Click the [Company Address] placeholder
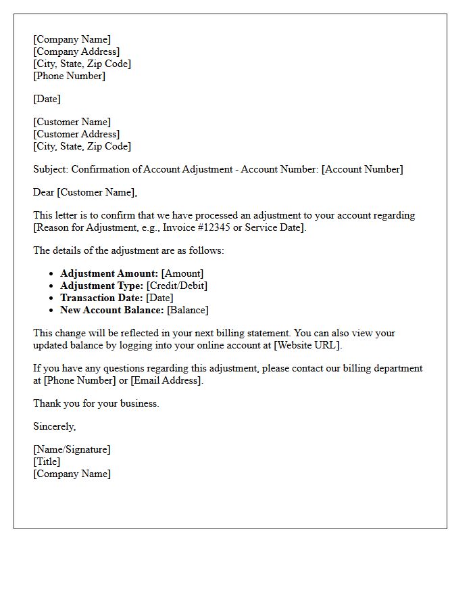click(76, 51)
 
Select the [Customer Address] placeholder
click(76, 134)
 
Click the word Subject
click(50, 169)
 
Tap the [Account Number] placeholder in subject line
click(362, 169)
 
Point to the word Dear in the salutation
click(44, 192)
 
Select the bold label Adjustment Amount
click(109, 273)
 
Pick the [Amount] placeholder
click(182, 273)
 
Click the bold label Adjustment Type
click(101, 286)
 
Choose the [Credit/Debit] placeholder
click(177, 286)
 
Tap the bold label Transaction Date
click(101, 298)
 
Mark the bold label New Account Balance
click(111, 310)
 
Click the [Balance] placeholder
click(188, 310)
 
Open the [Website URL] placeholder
click(307, 345)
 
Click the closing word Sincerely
click(54, 426)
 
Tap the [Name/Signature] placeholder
click(72, 449)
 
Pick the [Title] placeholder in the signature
click(47, 461)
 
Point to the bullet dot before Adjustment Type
click(51, 286)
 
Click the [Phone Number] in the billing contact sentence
click(74, 380)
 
